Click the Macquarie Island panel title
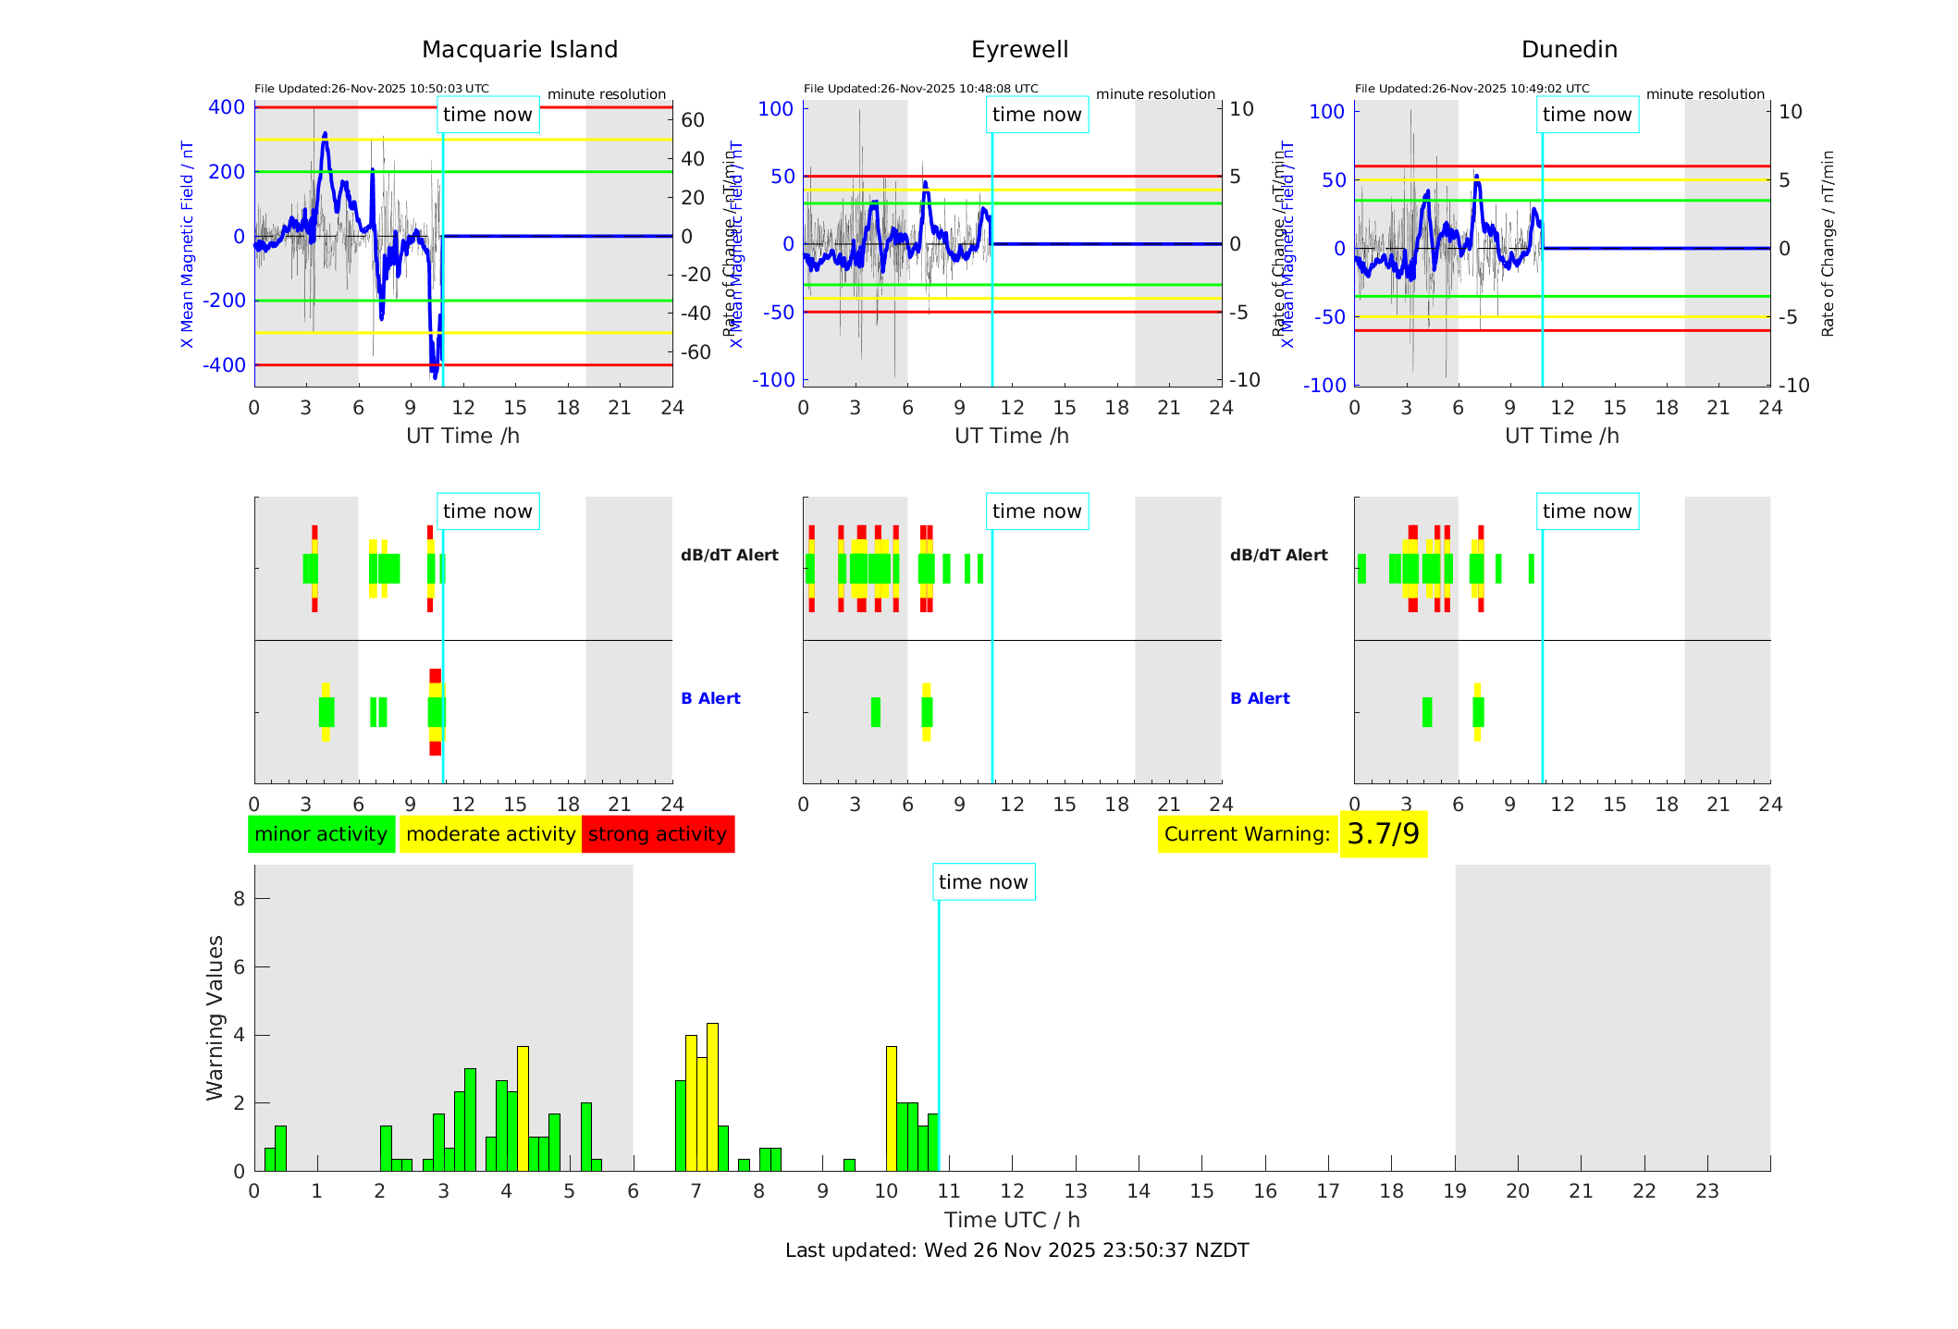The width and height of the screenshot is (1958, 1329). (519, 49)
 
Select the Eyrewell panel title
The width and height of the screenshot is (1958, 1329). (1019, 49)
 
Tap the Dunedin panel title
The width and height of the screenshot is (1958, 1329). (1569, 49)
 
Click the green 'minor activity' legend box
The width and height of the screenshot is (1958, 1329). (321, 834)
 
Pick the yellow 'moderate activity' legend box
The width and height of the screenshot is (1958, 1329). (490, 834)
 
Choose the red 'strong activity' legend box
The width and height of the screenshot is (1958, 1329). (658, 834)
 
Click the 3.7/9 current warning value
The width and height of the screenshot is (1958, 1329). (1383, 834)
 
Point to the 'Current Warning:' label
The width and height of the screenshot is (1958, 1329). (1247, 834)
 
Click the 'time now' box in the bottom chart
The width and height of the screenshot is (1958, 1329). (982, 882)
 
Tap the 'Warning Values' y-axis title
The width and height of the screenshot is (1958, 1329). (215, 1017)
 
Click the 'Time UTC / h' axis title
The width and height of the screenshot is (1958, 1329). (1012, 1220)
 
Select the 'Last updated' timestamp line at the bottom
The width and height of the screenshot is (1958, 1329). (1016, 1250)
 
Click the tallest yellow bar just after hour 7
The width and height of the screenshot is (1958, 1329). (712, 1096)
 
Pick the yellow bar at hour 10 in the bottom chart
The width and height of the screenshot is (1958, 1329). (892, 1108)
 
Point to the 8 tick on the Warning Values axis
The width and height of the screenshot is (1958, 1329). (239, 898)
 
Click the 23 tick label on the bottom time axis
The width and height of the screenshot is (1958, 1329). (1706, 1191)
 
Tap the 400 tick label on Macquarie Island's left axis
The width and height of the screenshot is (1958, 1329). (227, 107)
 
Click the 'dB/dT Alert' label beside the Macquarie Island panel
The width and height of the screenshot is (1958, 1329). (729, 555)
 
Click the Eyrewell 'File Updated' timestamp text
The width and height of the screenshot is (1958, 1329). (920, 89)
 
